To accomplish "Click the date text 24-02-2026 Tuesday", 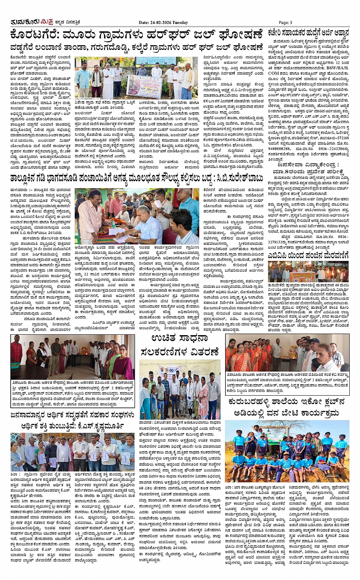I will pos(163,22).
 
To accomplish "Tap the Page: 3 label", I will pos(285,22).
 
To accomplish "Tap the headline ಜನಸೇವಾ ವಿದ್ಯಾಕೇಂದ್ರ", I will pos(308,165).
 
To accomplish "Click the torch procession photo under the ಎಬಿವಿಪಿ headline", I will pos(308,272).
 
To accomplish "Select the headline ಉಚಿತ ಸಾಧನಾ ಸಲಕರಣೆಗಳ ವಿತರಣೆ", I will pos(179,345).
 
